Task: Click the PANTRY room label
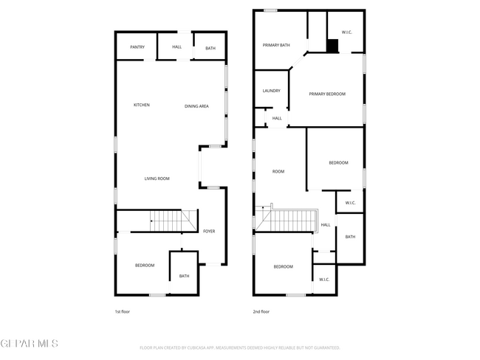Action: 137,47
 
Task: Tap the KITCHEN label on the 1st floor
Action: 141,105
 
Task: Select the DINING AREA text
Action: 196,106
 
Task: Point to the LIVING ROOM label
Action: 157,179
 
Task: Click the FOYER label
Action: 209,232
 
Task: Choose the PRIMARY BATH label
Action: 276,46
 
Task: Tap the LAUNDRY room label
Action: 271,91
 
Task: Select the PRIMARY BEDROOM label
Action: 327,94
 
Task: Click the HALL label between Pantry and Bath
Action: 176,47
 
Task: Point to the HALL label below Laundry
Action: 277,118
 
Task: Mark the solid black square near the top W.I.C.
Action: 333,46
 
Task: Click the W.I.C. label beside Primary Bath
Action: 347,32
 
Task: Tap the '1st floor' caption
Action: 123,312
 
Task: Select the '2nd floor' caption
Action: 261,312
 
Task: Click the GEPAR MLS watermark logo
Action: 29,344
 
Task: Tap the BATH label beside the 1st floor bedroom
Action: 184,277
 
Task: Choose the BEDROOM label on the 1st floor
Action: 144,266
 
